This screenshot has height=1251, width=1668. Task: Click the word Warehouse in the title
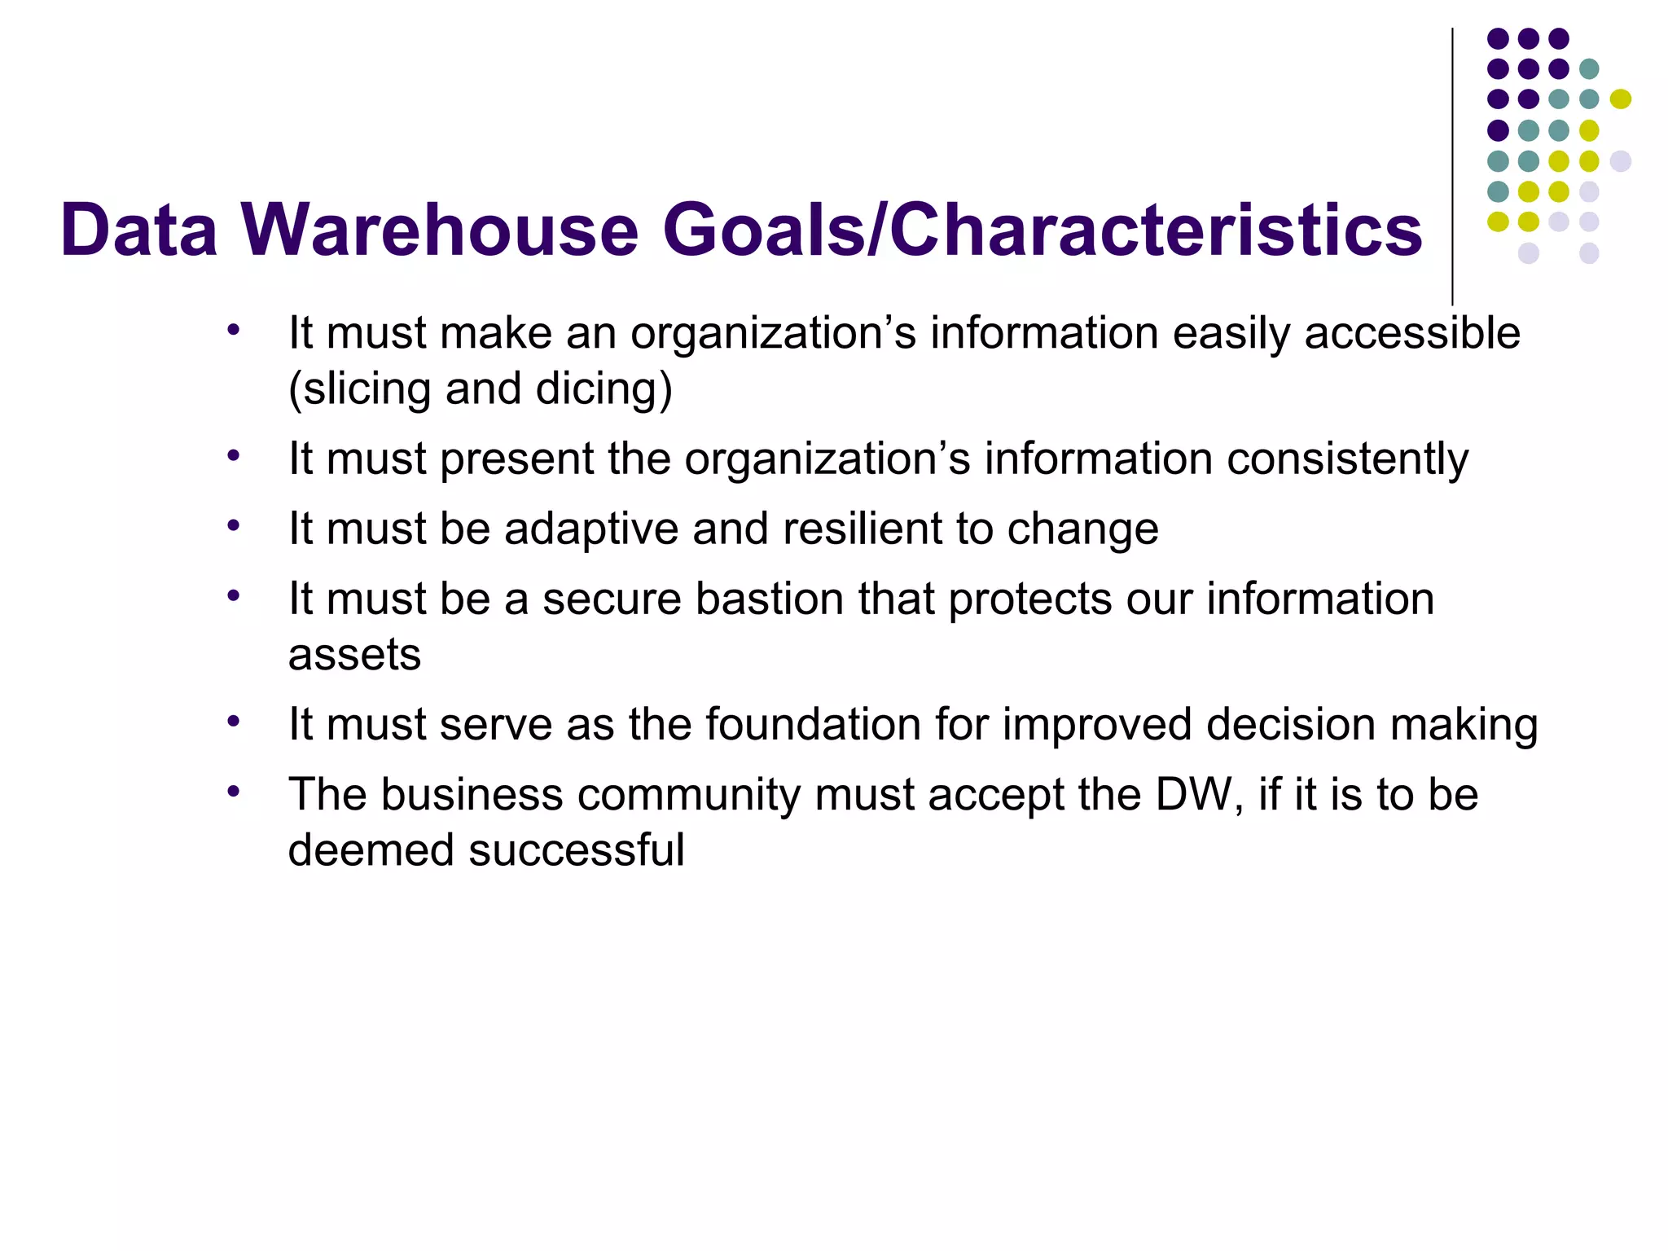[440, 230]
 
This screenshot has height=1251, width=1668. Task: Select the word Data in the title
[138, 230]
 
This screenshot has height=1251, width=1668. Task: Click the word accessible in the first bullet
[1412, 334]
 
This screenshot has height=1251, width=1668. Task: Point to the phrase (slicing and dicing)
[481, 389]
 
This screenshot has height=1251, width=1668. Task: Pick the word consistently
[1347, 459]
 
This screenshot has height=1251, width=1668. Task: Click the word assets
[354, 655]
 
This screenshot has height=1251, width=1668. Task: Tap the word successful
[577, 850]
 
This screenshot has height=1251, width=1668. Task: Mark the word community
[689, 795]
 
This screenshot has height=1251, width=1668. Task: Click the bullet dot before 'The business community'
[234, 791]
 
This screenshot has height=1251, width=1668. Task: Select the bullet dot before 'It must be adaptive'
[234, 525]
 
